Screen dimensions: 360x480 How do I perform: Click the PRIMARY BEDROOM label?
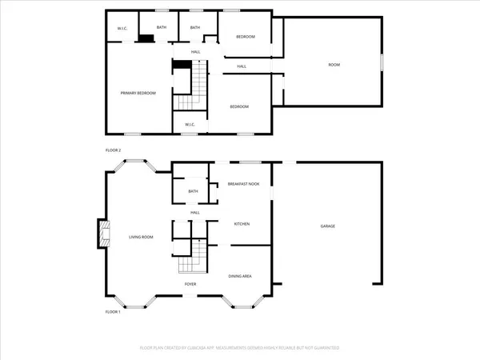coord(138,94)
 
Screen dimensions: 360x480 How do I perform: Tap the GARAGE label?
coord(328,226)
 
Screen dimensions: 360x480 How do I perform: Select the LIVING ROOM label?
coord(141,238)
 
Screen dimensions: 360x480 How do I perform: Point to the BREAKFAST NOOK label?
coord(243,184)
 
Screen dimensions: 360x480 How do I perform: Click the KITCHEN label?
coord(242,224)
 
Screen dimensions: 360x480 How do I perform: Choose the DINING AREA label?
coord(241,276)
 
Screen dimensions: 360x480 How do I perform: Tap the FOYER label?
coord(190,284)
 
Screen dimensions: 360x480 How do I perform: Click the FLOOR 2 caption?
coord(113,150)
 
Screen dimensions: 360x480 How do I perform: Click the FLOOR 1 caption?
coord(113,312)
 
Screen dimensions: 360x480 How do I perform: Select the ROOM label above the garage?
coord(333,64)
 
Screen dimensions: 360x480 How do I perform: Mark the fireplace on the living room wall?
coord(102,234)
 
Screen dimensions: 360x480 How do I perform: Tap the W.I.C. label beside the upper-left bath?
coord(122,29)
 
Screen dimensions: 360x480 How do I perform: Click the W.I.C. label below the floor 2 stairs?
coord(190,124)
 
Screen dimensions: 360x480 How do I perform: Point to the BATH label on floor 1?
coord(193,192)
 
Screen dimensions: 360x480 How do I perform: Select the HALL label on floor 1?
coord(194,213)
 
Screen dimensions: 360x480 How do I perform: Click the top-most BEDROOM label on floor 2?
coord(246,38)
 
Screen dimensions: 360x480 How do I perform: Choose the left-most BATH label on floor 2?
coord(162,28)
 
